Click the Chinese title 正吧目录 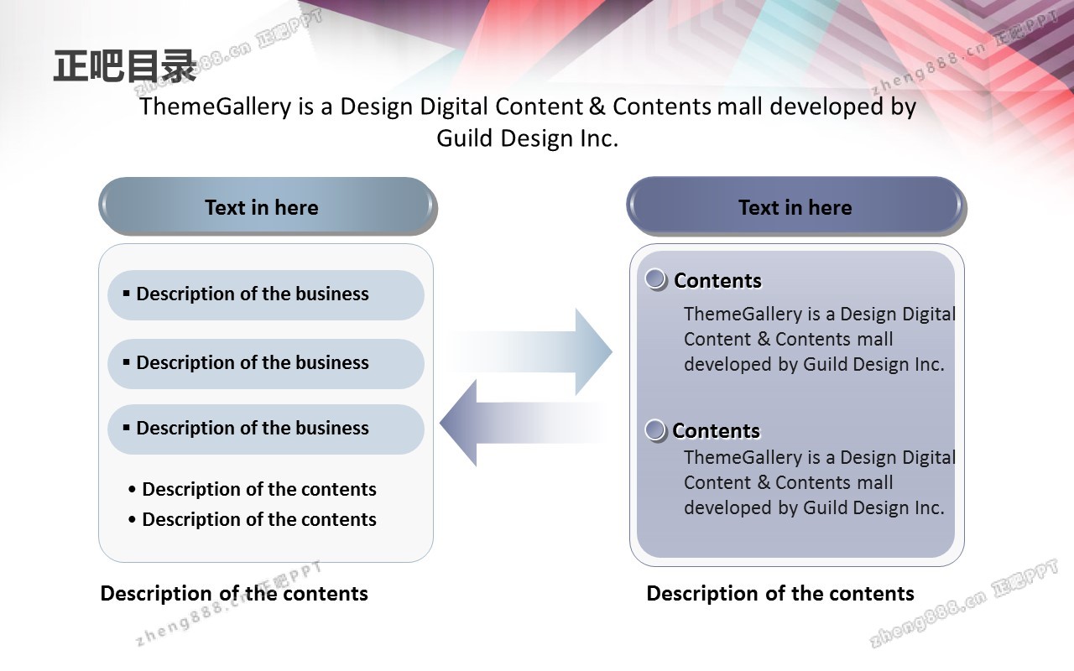124,66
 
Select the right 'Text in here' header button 795,206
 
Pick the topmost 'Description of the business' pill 265,294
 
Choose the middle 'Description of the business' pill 265,363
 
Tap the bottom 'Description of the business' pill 265,429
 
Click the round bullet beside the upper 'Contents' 656,279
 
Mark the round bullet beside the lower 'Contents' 655,430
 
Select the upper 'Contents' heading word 717,281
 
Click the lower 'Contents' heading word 716,431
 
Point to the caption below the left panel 234,594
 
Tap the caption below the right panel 780,594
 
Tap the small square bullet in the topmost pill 127,293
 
